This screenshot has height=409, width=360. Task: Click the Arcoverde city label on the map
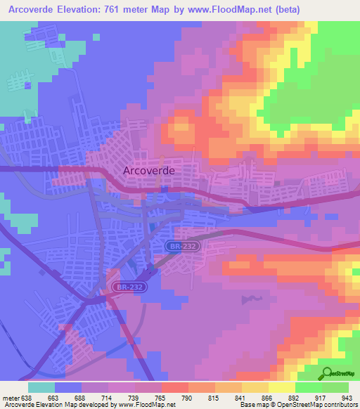[148, 170]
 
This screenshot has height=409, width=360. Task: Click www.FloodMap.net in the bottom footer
[147, 405]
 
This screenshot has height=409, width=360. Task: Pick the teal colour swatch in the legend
[41, 387]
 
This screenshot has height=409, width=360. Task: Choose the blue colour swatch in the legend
[68, 387]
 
